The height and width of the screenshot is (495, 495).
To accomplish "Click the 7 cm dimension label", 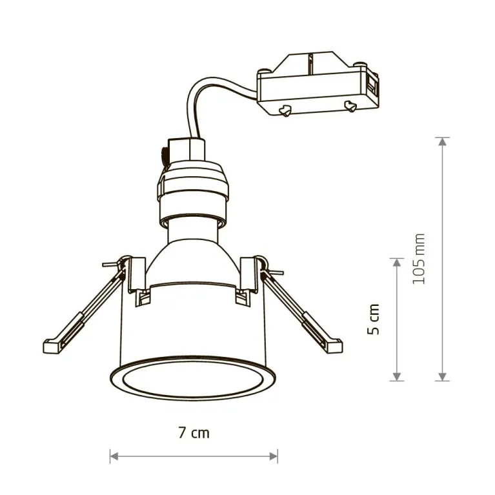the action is pyautogui.click(x=194, y=433).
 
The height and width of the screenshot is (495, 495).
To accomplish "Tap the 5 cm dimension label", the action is pyautogui.click(x=374, y=319).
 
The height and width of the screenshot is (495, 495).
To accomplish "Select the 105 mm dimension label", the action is pyautogui.click(x=419, y=259).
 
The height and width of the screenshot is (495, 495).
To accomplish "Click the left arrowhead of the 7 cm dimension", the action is pyautogui.click(x=114, y=456).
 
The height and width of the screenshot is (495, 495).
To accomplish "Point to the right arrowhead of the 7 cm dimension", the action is pyautogui.click(x=274, y=456).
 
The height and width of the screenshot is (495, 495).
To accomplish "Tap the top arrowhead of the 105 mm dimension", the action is pyautogui.click(x=443, y=141).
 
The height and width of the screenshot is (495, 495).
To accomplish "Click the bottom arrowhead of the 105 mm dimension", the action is pyautogui.click(x=443, y=377).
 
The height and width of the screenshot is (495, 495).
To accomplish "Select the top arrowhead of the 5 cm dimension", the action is pyautogui.click(x=397, y=262).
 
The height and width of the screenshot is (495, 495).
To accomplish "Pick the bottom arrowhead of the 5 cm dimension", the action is pyautogui.click(x=397, y=377).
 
